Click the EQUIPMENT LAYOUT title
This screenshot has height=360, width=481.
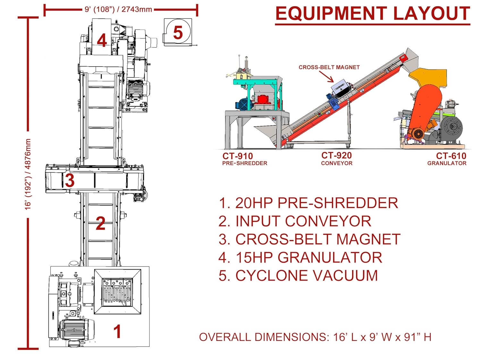(373, 14)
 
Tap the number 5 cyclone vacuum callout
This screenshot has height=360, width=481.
(178, 32)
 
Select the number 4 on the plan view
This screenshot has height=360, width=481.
(102, 40)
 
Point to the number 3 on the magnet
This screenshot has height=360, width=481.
(70, 180)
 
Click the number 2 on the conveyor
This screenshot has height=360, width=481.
(100, 223)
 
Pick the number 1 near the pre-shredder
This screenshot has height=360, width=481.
(117, 331)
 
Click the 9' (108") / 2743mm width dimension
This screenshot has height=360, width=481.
(118, 9)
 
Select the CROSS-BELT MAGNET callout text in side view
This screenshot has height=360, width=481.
(329, 67)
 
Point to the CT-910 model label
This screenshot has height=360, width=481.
(238, 156)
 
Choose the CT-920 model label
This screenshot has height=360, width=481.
(336, 155)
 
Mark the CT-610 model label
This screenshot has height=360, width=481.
(451, 156)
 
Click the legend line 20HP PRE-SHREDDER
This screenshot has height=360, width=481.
(308, 203)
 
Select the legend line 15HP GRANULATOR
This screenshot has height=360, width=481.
(300, 257)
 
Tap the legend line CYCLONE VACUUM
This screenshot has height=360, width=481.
(298, 276)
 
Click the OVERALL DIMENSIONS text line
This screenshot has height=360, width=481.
(315, 337)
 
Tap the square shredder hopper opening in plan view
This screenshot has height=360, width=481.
(117, 292)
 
